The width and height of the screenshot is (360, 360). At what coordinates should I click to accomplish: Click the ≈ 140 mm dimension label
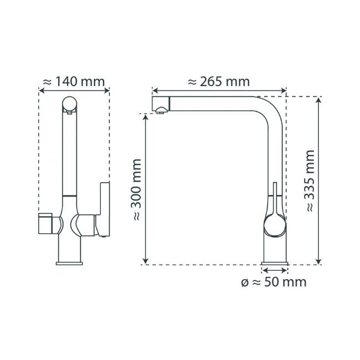74,81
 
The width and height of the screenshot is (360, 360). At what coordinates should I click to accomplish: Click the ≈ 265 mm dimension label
219,81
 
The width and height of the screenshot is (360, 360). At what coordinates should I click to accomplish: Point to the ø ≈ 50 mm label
274,283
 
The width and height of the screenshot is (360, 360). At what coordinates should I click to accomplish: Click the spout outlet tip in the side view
160,111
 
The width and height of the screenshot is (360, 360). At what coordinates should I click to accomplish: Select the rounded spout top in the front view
69,104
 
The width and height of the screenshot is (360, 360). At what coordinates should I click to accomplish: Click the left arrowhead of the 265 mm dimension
155,90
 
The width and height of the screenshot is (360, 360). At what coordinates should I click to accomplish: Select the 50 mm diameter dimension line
274,270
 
